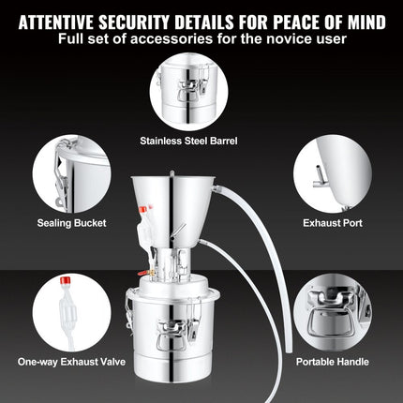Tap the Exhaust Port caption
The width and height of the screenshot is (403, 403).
coord(333,224)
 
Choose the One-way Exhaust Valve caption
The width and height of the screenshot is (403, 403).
coord(71,361)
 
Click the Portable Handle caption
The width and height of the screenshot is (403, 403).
coord(333,361)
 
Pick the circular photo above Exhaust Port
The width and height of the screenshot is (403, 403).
coord(333,173)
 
